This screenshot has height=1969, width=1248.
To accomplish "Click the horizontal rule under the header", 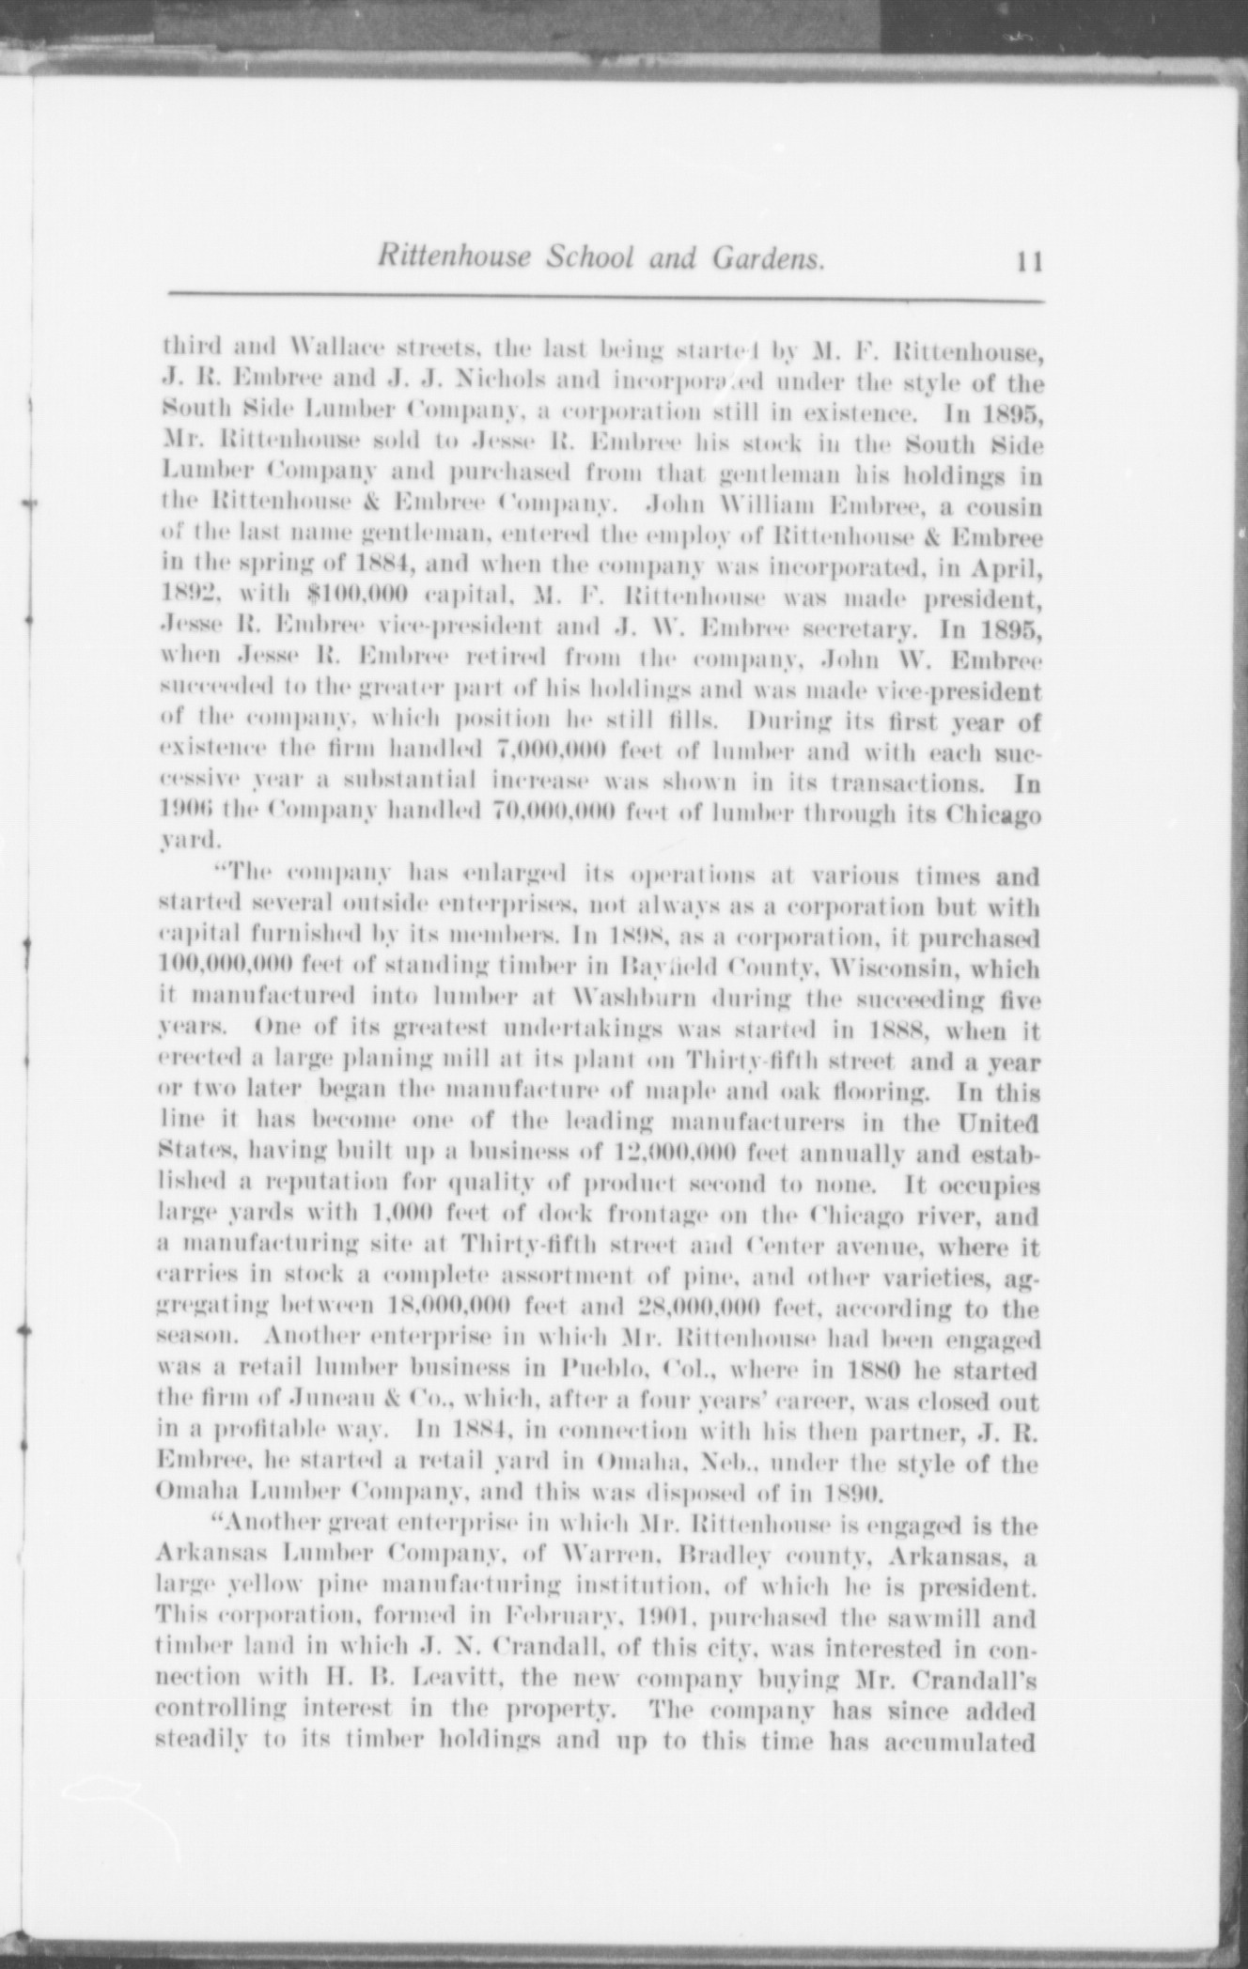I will (x=605, y=301).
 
